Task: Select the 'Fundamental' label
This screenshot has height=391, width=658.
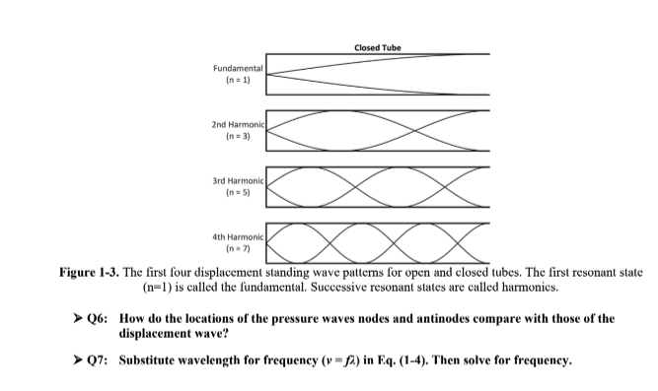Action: pos(238,67)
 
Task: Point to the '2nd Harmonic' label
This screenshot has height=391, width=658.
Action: pos(237,125)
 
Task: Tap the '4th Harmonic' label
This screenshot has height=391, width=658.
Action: pos(238,235)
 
